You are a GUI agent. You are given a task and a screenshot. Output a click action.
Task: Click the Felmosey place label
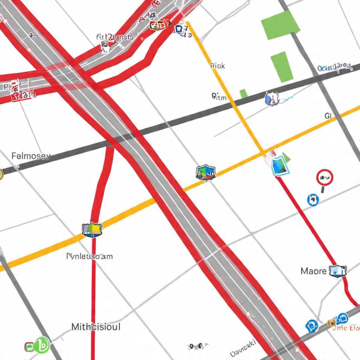(x=31, y=156)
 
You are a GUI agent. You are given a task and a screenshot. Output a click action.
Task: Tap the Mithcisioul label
(x=96, y=327)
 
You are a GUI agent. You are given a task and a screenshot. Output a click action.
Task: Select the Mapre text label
(x=313, y=271)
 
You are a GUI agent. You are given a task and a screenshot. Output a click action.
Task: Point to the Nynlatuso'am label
(x=90, y=256)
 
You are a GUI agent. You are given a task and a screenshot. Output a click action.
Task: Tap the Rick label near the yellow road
(x=217, y=66)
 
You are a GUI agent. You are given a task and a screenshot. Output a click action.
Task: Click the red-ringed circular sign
(x=324, y=178)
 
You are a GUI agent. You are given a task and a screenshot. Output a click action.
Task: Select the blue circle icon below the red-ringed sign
(x=313, y=200)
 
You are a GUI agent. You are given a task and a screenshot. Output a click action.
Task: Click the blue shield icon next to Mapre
(x=337, y=271)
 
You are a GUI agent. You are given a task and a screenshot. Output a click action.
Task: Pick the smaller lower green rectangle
(x=282, y=67)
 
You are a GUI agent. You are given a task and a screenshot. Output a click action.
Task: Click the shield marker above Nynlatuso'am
(x=92, y=230)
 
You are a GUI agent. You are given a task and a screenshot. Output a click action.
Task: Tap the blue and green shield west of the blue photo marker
(x=206, y=173)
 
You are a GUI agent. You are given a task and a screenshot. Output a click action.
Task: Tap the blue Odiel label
(x=334, y=67)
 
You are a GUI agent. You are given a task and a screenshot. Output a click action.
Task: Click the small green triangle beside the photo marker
(x=287, y=158)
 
